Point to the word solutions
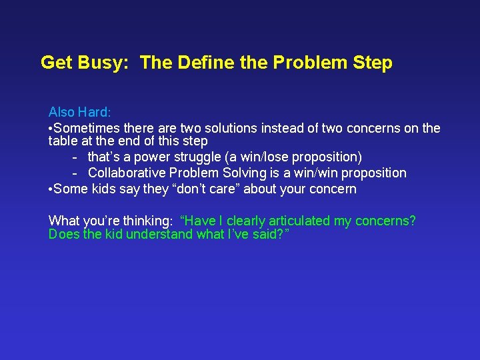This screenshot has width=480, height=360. pyautogui.click(x=236, y=128)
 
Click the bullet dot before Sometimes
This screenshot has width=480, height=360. pyautogui.click(x=51, y=128)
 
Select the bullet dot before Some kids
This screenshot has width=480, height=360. pyautogui.click(x=51, y=189)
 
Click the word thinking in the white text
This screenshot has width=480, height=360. pyautogui.click(x=150, y=221)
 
